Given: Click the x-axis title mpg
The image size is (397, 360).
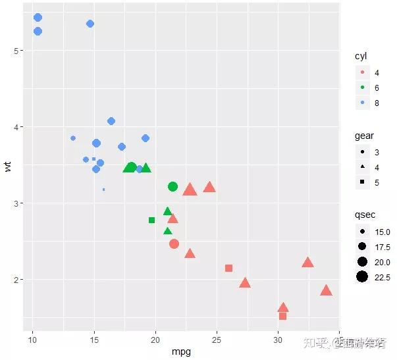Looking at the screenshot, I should (x=181, y=351).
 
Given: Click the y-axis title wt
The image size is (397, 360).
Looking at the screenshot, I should (x=7, y=167).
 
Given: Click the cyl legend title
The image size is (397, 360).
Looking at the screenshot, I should (x=361, y=56).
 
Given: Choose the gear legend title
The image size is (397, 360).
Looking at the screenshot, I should (x=364, y=136).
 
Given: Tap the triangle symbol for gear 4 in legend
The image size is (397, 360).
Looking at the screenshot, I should (x=362, y=168).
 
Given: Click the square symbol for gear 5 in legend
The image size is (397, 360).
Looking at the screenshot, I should (x=362, y=183).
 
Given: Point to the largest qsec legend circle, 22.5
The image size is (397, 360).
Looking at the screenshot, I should (x=362, y=277).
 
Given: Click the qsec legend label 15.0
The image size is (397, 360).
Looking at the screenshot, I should (x=383, y=232).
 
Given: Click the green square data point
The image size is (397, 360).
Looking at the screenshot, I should (x=152, y=220).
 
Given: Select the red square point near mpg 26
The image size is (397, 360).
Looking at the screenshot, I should (x=228, y=268).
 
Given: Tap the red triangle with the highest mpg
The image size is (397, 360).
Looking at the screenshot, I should (x=326, y=290).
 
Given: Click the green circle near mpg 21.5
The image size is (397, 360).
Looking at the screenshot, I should (x=172, y=187).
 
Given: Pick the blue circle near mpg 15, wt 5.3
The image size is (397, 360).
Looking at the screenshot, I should (x=90, y=24).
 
